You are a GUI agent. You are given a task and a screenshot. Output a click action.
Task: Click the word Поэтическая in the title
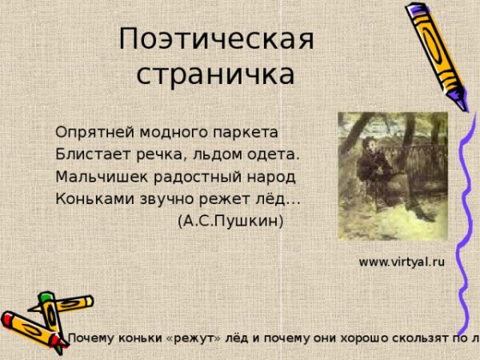[216, 39]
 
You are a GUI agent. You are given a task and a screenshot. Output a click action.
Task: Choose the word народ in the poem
[270, 176]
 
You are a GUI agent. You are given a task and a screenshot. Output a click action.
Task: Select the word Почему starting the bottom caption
[92, 338]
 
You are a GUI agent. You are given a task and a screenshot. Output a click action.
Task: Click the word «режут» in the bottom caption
[193, 338]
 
